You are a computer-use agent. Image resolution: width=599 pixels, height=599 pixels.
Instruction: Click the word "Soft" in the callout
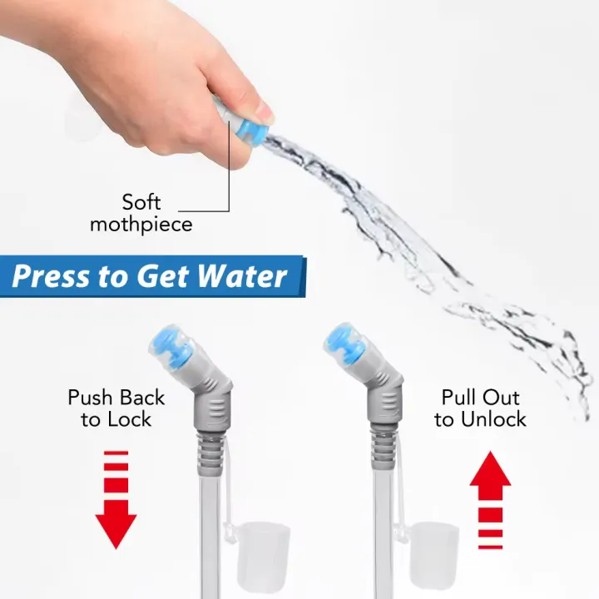tap(141, 202)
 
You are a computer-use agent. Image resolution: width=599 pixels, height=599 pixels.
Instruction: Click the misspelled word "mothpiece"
tap(141, 224)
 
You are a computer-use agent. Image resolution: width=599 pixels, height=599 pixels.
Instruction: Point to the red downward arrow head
tap(116, 530)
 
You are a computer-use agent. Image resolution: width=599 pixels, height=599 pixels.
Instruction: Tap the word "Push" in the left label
tap(89, 398)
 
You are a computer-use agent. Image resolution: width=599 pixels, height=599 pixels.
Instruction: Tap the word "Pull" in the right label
tap(459, 398)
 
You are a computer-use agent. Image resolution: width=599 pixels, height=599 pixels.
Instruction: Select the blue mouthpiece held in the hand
tap(255, 131)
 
